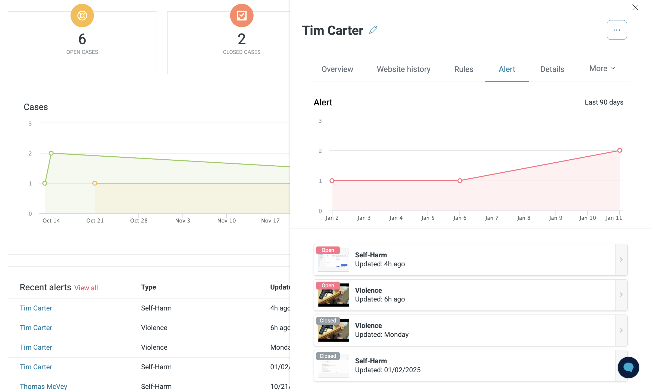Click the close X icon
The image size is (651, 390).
[x=635, y=7]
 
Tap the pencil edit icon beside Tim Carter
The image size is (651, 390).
[x=373, y=30]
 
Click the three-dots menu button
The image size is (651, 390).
[x=617, y=30]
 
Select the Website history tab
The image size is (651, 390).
[x=403, y=69]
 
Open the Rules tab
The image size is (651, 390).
[x=464, y=69]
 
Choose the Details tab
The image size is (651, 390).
[x=552, y=69]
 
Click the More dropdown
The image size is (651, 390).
[x=602, y=68]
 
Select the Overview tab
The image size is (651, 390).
[x=337, y=69]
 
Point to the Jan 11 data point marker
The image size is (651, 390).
[x=620, y=150]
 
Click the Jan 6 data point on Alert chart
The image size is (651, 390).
[x=460, y=181]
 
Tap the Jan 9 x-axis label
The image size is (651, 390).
[x=555, y=218]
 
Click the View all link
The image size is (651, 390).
[x=86, y=288]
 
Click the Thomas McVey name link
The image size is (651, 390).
[x=43, y=386]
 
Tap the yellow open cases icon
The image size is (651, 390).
[x=82, y=16]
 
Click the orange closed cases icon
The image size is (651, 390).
[x=242, y=16]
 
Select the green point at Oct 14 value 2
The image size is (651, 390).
[x=51, y=153]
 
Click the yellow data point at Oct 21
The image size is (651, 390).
[x=95, y=183]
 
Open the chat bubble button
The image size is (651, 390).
[x=628, y=367]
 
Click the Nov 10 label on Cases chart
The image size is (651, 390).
[x=226, y=221]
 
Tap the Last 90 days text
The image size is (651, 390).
[x=604, y=102]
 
